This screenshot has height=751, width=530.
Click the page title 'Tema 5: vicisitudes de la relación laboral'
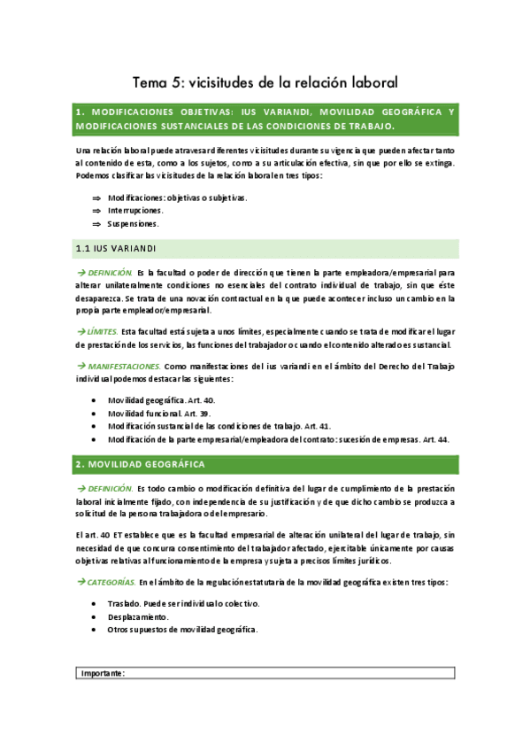pyautogui.click(x=265, y=82)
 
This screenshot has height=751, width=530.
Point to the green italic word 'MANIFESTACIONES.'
pyautogui.click(x=125, y=366)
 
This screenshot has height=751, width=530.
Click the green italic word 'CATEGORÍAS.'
pyautogui.click(x=111, y=582)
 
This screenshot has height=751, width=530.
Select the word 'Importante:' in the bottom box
pyautogui.click(x=103, y=673)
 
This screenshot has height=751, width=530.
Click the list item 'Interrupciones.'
pyautogui.click(x=135, y=211)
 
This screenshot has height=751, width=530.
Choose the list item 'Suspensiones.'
pyautogui.click(x=134, y=224)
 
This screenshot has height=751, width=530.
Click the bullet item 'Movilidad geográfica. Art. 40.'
pyautogui.click(x=160, y=400)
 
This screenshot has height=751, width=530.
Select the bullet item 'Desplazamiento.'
pyautogui.click(x=137, y=616)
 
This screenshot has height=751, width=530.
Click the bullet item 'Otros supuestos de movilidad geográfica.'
pyautogui.click(x=182, y=630)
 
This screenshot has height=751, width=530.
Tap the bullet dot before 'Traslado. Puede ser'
pyautogui.click(x=96, y=604)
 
